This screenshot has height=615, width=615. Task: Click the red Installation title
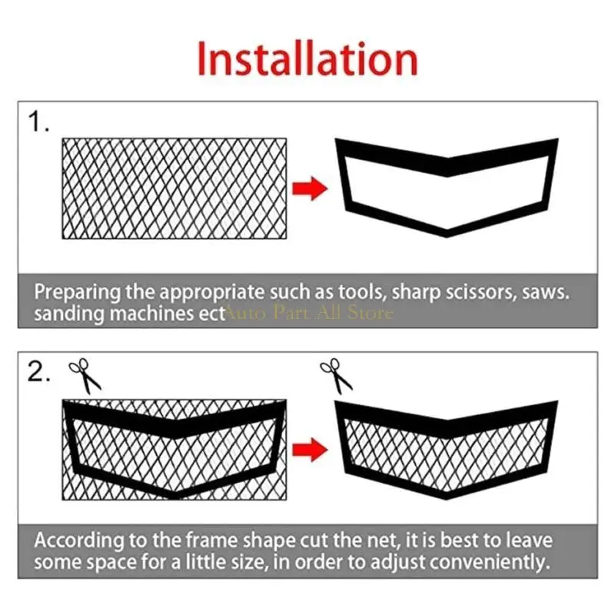[x=307, y=59]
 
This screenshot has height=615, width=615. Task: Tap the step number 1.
[x=39, y=123]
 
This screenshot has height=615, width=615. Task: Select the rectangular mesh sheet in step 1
[x=174, y=188]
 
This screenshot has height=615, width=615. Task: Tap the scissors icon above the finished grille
[x=336, y=375]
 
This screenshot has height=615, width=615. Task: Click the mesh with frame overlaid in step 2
[x=174, y=450]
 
